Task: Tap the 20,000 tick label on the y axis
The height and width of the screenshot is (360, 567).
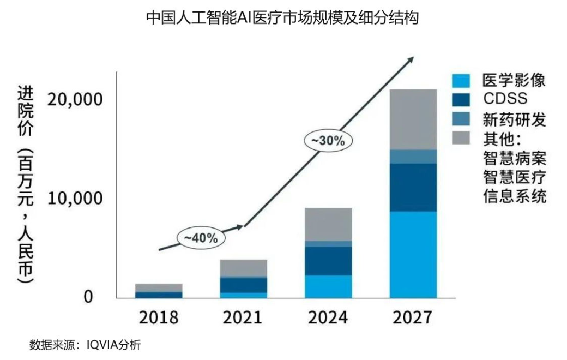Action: (x=75, y=100)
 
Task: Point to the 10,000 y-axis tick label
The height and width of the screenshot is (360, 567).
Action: (x=75, y=199)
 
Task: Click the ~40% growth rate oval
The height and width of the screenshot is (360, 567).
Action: (x=201, y=238)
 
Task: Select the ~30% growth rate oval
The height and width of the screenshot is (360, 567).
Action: (x=328, y=140)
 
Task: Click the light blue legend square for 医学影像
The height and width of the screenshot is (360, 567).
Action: (x=461, y=81)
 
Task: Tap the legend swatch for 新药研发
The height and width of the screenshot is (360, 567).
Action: (x=461, y=118)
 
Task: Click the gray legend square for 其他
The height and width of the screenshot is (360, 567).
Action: (x=461, y=137)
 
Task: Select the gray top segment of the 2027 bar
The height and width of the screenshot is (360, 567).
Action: (x=413, y=119)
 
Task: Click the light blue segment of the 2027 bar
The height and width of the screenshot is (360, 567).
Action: (x=413, y=254)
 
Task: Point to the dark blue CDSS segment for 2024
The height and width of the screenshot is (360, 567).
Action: (x=328, y=261)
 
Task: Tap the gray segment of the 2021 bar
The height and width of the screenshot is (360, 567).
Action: (x=243, y=268)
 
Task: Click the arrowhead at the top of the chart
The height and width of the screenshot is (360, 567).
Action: (x=409, y=59)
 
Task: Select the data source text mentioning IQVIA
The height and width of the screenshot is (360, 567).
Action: (x=85, y=345)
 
